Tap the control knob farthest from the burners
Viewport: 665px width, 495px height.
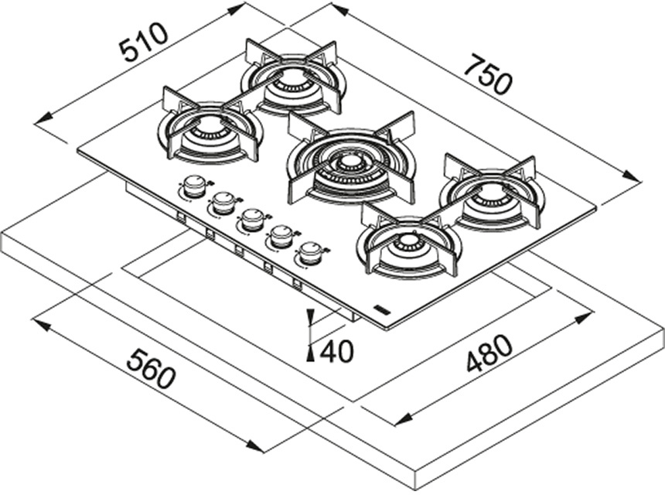195,186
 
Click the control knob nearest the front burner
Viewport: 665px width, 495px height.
310,252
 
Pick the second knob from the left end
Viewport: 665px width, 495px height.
223,202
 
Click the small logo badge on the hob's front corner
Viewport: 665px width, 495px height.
381,309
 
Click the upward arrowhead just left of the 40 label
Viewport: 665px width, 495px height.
309,352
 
